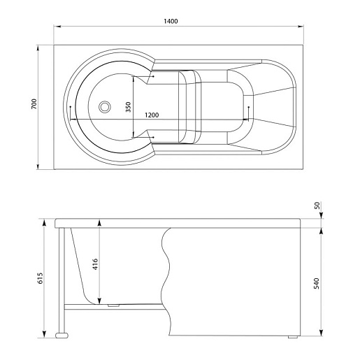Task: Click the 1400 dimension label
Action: [171, 21]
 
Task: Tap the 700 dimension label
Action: [34, 104]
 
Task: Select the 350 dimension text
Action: [128, 107]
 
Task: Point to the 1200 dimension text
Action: [152, 115]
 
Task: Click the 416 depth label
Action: [95, 264]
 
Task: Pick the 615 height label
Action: [41, 278]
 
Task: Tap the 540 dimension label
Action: [317, 283]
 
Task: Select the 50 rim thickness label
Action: [317, 206]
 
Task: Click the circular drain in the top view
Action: [104, 107]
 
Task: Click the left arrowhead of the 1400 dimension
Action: [57, 27]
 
